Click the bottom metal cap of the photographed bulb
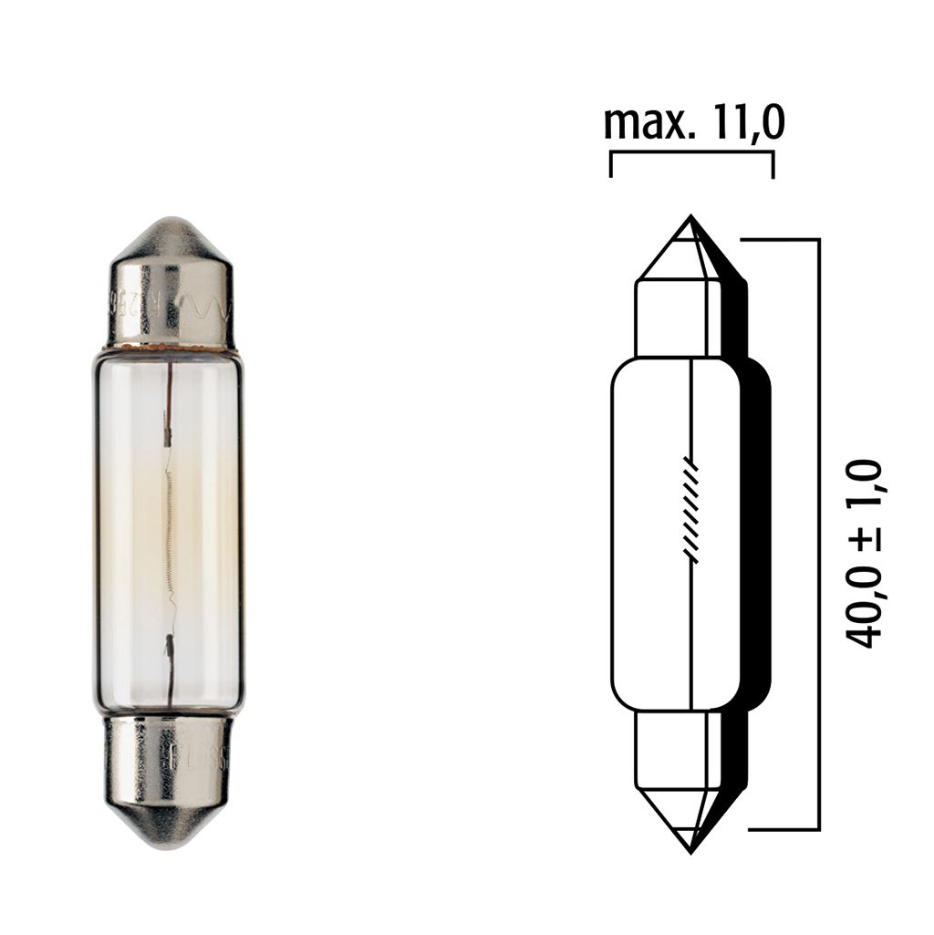pyautogui.click(x=170, y=766)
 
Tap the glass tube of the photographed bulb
pyautogui.click(x=128, y=529)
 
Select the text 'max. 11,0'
pyautogui.click(x=693, y=122)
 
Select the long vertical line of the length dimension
pyautogui.click(x=818, y=534)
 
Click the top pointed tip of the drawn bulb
pyautogui.click(x=690, y=219)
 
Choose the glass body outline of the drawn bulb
pyautogui.click(x=613, y=534)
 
